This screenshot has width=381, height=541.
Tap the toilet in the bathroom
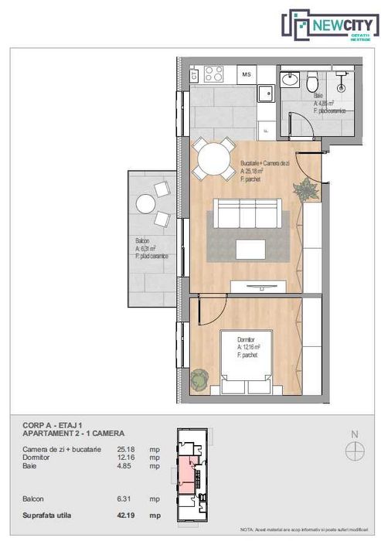coord(311,82)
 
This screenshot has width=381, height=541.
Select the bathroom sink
coord(291,80)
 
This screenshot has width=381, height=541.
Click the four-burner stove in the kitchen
coord(213,75)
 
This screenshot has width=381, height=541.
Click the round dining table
coord(213,161)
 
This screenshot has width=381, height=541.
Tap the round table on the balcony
coord(146,204)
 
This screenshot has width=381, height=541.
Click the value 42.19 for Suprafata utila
coord(126,515)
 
